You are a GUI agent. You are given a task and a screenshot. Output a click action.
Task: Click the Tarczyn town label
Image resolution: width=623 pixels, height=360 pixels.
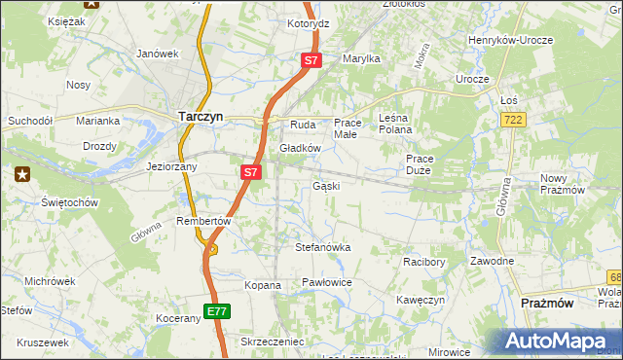pyautogui.click(x=202, y=116)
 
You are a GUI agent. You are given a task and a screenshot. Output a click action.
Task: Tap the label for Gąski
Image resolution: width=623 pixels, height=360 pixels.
pyautogui.click(x=325, y=185)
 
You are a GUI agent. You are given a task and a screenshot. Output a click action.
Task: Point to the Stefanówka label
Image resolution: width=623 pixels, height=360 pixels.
pyautogui.click(x=322, y=248)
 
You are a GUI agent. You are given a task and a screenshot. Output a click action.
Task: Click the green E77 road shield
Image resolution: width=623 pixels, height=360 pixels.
pyautogui.click(x=217, y=311)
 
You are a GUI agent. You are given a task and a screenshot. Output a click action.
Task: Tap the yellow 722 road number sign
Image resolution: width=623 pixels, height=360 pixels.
pyautogui.click(x=515, y=119)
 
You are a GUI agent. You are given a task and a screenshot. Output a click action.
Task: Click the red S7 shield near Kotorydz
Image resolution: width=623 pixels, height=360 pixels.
pyautogui.click(x=311, y=60)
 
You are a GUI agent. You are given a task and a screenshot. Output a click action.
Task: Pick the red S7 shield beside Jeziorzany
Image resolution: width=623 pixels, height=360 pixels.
pyautogui.click(x=250, y=172)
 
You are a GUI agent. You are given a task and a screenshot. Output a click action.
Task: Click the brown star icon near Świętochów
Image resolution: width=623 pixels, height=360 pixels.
pyautogui.click(x=22, y=174)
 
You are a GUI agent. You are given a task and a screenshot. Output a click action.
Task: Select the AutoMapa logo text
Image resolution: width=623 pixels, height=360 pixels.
pyautogui.click(x=561, y=342)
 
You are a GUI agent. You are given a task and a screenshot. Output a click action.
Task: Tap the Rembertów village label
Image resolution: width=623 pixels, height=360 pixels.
pyautogui.click(x=202, y=221)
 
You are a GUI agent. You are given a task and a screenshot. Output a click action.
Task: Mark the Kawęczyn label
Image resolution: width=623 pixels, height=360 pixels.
pyautogui.click(x=421, y=300)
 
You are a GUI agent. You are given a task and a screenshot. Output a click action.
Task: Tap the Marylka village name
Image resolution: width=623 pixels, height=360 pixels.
pyautogui.click(x=360, y=58)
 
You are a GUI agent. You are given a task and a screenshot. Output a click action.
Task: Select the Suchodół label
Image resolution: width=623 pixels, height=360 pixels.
pyautogui.click(x=28, y=122)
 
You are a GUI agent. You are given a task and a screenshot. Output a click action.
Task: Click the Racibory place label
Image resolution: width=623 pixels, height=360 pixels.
pyautogui.click(x=423, y=262)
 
